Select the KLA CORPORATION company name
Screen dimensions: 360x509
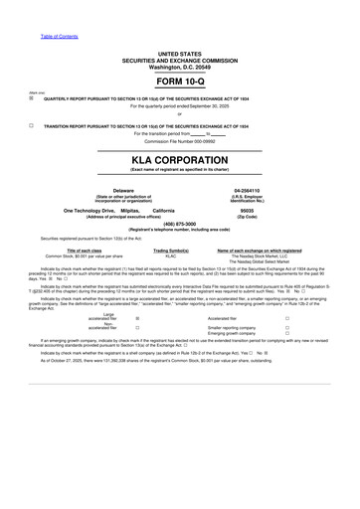179,159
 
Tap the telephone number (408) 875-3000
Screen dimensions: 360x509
179,225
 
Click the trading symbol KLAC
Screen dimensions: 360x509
171,255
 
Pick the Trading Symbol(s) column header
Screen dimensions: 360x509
171,251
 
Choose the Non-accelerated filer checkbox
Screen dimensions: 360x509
136,326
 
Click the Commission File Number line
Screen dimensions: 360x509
179,141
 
